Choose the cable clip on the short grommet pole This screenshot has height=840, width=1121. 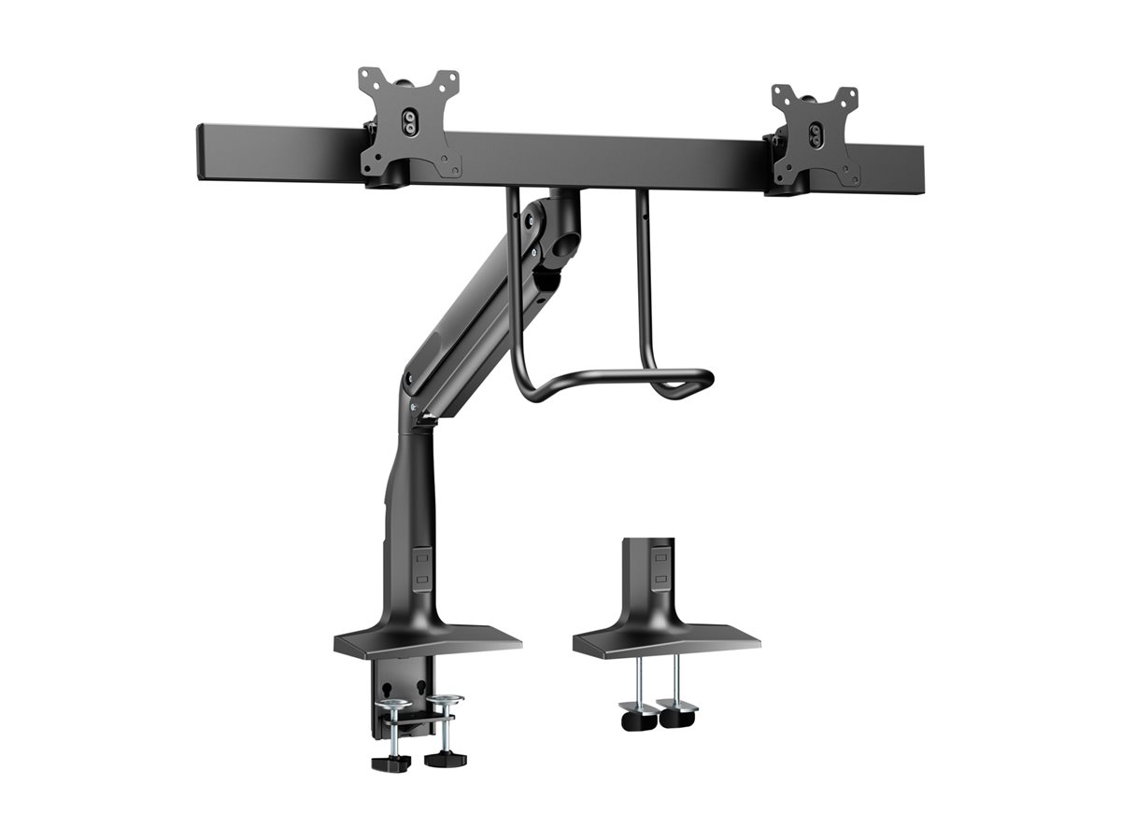click(660, 571)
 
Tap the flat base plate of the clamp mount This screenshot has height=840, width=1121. click(427, 641)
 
